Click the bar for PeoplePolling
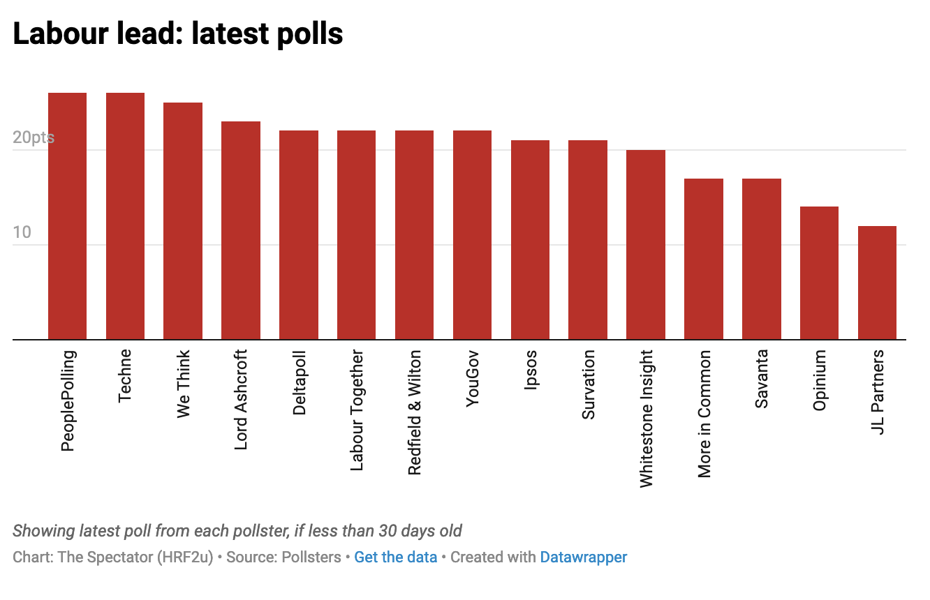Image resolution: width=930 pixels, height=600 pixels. coord(67,216)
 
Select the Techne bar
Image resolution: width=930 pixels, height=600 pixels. coord(125,216)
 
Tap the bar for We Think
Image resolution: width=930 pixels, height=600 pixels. coord(183,221)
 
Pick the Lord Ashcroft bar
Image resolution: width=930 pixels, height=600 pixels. coord(241,230)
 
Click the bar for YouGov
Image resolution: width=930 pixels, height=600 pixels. coord(472,235)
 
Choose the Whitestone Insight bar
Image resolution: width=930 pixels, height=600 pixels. coord(646,245)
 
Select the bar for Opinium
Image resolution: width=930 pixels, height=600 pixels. coord(819,273)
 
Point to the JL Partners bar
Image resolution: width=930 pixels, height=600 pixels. coord(877,283)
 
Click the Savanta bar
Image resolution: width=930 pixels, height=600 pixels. coord(762,259)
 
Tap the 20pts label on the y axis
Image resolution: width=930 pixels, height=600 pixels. coord(33,138)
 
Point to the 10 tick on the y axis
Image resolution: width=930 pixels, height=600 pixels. coord(22,232)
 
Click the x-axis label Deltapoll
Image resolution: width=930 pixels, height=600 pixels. coord(300,383)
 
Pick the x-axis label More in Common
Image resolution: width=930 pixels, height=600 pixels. coord(704,414)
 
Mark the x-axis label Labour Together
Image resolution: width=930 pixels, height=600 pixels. coord(357,410)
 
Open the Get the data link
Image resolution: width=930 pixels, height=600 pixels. coord(395,557)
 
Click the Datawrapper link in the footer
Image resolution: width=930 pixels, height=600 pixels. coord(583,557)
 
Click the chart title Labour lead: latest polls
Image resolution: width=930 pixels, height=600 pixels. coord(178,33)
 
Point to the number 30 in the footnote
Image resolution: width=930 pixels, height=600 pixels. coord(388,531)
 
